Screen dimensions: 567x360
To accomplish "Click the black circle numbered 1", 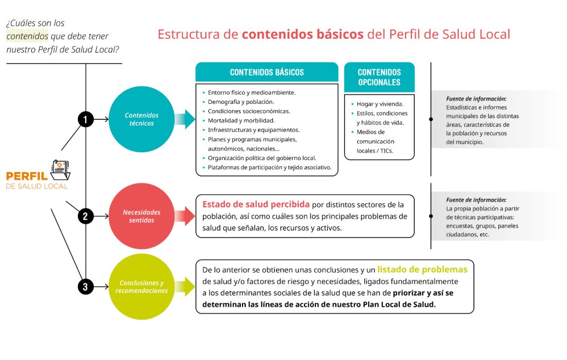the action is (x=85, y=119).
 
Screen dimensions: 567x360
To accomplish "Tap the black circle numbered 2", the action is (x=85, y=216).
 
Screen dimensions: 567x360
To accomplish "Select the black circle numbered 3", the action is (x=85, y=287).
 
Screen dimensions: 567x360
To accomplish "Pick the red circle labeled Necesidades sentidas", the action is (x=141, y=216).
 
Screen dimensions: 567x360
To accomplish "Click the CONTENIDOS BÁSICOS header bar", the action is (x=266, y=73).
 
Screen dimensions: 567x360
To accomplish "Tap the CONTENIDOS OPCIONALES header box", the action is (x=379, y=77).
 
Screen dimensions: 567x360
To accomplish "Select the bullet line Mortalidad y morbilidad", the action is (x=241, y=120).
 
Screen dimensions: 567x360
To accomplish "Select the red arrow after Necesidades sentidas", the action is (x=184, y=216).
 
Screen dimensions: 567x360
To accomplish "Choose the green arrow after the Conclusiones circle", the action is (x=184, y=287).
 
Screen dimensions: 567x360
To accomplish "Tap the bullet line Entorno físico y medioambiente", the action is (x=251, y=92).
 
